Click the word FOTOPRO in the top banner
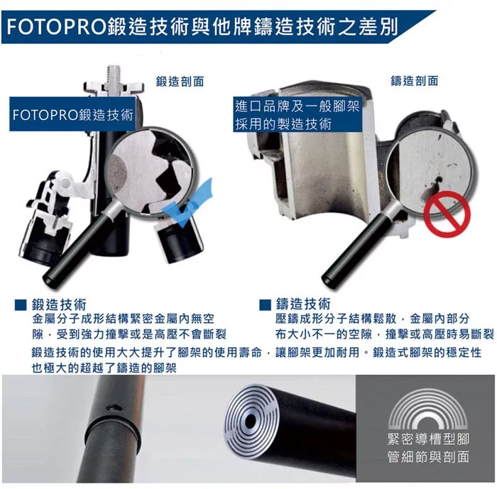(x=56, y=27)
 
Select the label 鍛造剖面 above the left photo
(x=180, y=82)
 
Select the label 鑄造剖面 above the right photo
(x=415, y=81)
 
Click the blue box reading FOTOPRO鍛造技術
(x=72, y=114)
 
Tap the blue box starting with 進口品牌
(x=297, y=114)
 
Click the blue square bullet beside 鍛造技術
(x=21, y=305)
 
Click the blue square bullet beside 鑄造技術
(x=265, y=305)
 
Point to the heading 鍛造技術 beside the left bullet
(x=59, y=304)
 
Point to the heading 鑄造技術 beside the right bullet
(x=303, y=304)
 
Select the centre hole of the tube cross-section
(x=251, y=422)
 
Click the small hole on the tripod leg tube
(x=114, y=407)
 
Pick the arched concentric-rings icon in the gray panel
(x=428, y=409)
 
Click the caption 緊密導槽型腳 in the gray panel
(x=428, y=439)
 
